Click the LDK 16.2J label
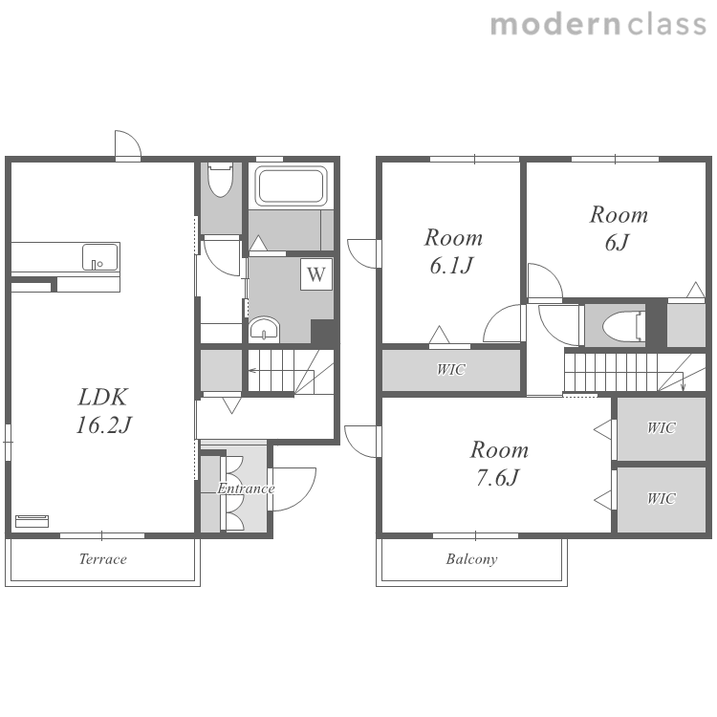(x=103, y=411)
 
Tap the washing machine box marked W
(x=316, y=274)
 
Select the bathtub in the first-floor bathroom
(x=292, y=186)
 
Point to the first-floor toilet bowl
(x=220, y=180)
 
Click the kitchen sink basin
(x=99, y=257)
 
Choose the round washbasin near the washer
(x=264, y=329)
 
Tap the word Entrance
(x=246, y=489)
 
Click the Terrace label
(x=103, y=559)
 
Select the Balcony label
(x=471, y=559)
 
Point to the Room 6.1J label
(x=453, y=251)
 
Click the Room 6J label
(x=619, y=228)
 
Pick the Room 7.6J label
(x=499, y=464)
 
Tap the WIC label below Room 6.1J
(x=451, y=369)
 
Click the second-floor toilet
(x=623, y=327)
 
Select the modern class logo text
(x=598, y=24)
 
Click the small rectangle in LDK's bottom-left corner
(x=32, y=521)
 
